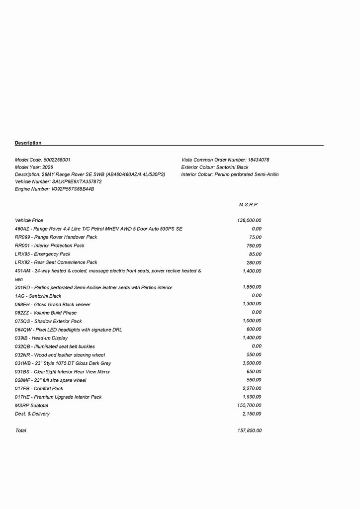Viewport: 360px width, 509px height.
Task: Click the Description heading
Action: pos(28,143)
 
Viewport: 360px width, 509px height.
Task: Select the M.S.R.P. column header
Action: pos(249,205)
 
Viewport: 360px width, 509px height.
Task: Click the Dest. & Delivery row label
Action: pos(32,414)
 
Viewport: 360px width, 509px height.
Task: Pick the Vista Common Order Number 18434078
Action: pos(259,160)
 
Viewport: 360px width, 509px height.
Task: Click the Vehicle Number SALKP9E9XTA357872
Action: pos(77,182)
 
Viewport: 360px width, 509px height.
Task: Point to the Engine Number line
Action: pos(55,189)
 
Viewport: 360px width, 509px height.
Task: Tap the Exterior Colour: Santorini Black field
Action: pos(215,168)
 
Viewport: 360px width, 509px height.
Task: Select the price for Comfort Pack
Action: pos(252,389)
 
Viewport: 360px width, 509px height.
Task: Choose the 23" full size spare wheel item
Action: pos(50,380)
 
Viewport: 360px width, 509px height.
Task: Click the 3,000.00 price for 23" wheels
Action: pos(252,363)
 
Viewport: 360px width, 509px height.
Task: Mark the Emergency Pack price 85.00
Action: pos(255,254)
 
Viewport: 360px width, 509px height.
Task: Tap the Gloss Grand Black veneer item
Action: pos(53,304)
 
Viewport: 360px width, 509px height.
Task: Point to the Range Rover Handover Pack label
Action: pos(56,237)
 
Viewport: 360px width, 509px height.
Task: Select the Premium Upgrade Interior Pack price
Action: pos(252,397)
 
